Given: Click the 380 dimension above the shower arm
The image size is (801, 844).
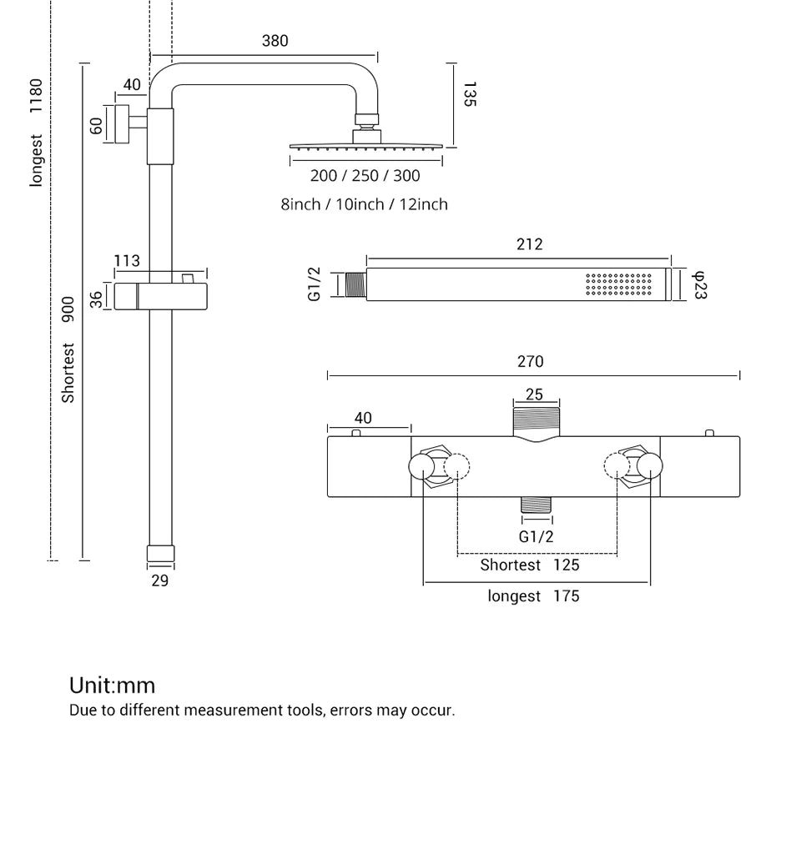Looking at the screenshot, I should click(x=275, y=41).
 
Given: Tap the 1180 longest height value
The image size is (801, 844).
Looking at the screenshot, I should click(x=36, y=97).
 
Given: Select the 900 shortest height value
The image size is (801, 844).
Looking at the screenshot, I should click(x=68, y=309).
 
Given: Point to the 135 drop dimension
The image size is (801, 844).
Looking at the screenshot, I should click(x=469, y=94).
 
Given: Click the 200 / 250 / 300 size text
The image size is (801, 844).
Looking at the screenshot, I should click(x=365, y=176).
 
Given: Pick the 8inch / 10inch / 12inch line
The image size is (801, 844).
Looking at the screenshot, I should click(x=364, y=204).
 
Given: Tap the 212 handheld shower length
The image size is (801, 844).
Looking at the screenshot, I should click(x=529, y=244).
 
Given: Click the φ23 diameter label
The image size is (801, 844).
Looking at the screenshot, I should click(x=700, y=284).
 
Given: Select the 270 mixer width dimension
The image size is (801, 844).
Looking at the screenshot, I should click(x=530, y=362).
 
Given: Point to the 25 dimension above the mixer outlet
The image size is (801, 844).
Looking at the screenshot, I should click(x=534, y=394).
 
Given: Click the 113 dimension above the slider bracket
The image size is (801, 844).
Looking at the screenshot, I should click(x=127, y=261).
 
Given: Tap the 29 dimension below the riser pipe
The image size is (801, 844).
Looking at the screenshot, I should click(x=159, y=580).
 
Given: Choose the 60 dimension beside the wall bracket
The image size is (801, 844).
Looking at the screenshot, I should click(x=97, y=126).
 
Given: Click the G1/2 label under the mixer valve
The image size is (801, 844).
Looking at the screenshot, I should click(x=536, y=537).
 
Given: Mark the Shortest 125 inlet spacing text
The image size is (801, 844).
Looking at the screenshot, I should click(x=529, y=565).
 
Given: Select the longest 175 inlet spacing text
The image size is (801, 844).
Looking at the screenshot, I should click(x=533, y=596).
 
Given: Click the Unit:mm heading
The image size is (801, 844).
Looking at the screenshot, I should click(x=112, y=686).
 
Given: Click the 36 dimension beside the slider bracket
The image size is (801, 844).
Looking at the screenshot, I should click(x=97, y=299).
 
